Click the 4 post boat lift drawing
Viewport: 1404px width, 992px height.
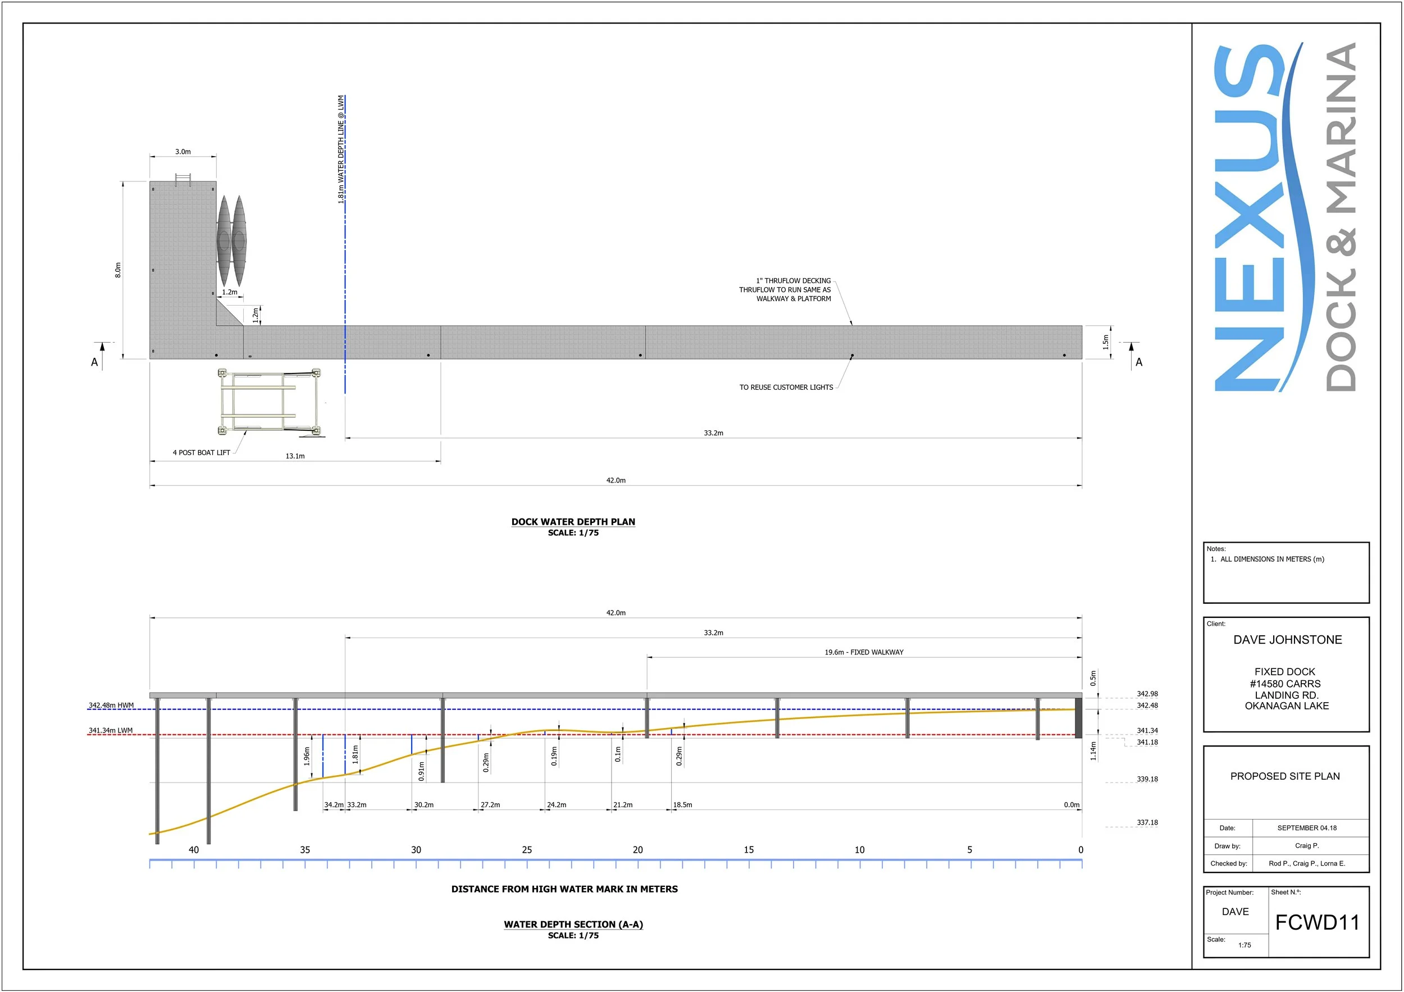coord(269,402)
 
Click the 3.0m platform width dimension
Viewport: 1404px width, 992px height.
coord(183,152)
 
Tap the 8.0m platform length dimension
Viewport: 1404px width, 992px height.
coord(118,270)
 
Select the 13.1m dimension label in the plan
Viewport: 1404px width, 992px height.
coord(295,456)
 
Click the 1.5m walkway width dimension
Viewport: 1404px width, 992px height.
coord(1106,343)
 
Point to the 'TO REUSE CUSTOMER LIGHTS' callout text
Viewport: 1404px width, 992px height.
coord(786,388)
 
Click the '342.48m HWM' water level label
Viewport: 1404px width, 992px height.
coord(111,705)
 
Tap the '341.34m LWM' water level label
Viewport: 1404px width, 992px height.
coord(111,730)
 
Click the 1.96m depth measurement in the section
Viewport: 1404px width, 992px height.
coord(307,756)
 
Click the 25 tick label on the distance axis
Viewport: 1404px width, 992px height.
coord(527,850)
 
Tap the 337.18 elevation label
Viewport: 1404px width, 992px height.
coord(1147,822)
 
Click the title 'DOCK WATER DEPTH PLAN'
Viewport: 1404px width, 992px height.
coord(573,522)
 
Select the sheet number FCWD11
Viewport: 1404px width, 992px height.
coord(1317,922)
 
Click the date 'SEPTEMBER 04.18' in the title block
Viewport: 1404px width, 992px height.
coord(1307,828)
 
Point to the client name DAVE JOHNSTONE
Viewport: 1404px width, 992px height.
coord(1287,640)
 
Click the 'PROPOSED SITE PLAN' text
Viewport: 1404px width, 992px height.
coord(1285,776)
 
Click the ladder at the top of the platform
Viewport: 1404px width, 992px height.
coord(183,180)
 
